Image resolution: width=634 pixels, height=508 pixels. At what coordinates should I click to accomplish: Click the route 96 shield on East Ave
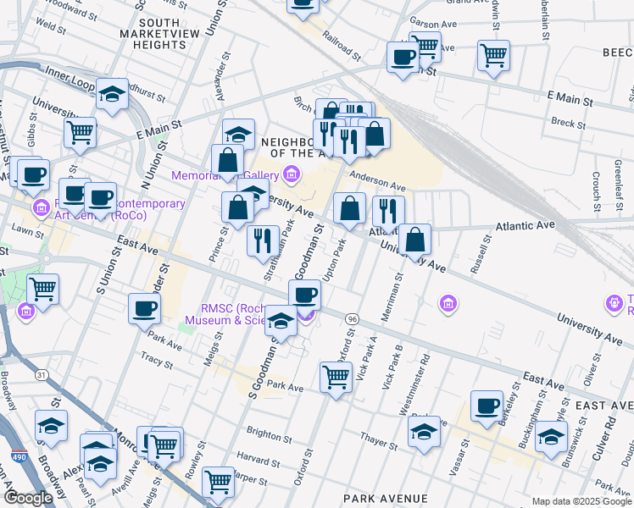tap(353, 317)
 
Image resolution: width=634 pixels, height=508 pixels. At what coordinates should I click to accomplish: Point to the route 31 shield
tap(42, 374)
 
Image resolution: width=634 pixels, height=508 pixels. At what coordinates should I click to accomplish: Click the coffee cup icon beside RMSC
tap(305, 295)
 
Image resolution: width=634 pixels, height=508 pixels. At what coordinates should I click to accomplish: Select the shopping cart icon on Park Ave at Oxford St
tap(336, 377)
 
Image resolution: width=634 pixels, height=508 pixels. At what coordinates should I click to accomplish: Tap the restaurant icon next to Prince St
tap(263, 240)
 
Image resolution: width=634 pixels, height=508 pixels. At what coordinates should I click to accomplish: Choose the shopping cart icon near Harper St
tap(219, 482)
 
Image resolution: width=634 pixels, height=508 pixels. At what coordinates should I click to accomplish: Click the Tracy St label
tap(157, 361)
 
